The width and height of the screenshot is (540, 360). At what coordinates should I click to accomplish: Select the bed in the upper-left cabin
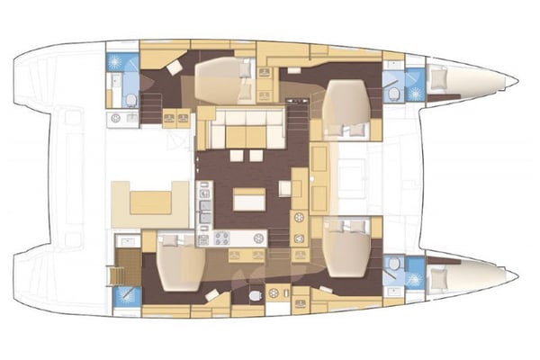pos(220,80)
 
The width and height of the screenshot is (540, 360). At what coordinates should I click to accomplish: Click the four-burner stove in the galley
pos(221,238)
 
